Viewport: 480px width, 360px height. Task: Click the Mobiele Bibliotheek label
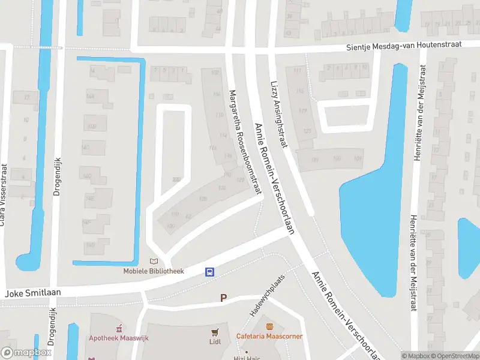154,271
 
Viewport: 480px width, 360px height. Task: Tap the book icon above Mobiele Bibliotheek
154,261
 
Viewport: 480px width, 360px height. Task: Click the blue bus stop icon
210,272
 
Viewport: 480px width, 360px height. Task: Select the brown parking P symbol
224,298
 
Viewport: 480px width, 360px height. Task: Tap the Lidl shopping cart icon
214,332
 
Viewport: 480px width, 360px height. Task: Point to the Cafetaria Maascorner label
269,337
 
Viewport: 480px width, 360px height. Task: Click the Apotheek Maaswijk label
119,338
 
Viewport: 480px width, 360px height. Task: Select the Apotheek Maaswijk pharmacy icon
119,328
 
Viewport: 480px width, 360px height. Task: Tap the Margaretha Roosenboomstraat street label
245,142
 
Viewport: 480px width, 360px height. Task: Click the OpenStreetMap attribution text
456,356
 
